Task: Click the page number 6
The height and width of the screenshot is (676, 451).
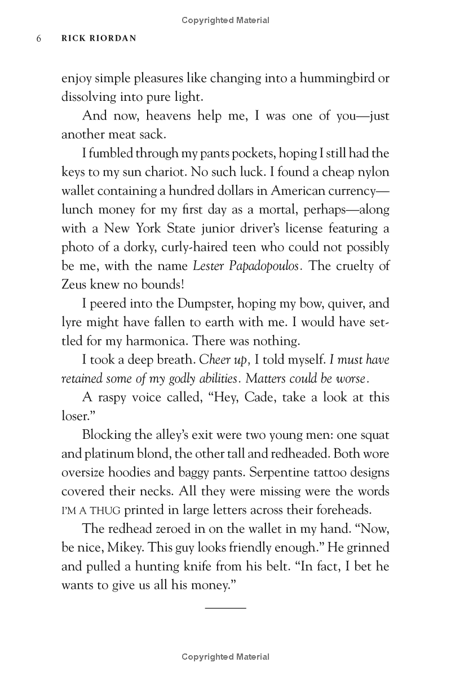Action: [39, 39]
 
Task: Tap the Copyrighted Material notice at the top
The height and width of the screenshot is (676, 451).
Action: [225, 20]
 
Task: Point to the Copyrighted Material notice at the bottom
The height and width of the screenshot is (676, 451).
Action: [225, 657]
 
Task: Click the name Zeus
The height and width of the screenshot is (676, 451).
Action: [75, 285]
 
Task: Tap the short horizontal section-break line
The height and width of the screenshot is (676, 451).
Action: [225, 608]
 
